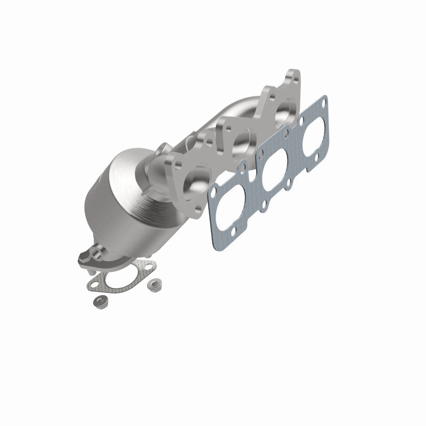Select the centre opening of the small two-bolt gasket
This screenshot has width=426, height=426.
[x=119, y=280]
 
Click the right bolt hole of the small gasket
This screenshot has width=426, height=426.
[x=147, y=266]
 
